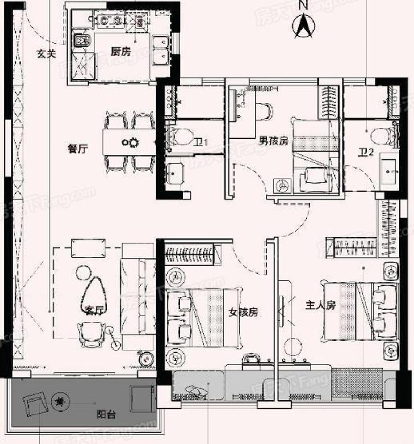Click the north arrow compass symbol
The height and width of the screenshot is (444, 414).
[x=303, y=25]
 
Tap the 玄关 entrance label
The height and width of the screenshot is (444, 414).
[x=46, y=53]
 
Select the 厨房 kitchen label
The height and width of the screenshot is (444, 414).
[x=121, y=51]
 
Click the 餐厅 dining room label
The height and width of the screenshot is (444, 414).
[x=78, y=148]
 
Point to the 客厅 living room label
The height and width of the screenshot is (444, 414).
[x=93, y=310]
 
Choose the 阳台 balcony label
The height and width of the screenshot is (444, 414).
[x=106, y=415]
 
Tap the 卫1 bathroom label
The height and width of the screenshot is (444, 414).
[x=201, y=142]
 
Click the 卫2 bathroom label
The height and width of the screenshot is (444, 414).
[x=366, y=153]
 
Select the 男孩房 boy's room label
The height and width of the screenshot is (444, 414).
[x=273, y=141]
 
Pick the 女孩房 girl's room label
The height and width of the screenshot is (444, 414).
[x=243, y=313]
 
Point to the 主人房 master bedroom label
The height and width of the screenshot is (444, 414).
[x=321, y=305]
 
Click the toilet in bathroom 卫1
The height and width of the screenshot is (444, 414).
[x=180, y=137]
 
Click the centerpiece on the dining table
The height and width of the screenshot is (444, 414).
[x=130, y=142]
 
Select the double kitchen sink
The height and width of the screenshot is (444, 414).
[x=161, y=50]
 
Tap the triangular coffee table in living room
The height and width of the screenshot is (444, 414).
[x=93, y=296]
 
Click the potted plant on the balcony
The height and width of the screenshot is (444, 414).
[x=60, y=401]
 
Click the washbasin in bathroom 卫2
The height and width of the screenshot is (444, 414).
[x=389, y=171]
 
